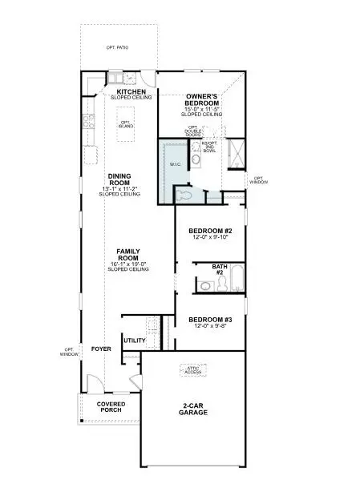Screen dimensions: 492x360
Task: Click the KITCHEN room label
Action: tap(131, 92)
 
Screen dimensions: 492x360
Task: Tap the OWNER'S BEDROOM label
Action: tap(203, 100)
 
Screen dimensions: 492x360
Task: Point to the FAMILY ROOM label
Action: tap(124, 255)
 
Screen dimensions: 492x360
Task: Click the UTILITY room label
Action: tap(134, 341)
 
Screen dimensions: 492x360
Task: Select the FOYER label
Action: tap(100, 349)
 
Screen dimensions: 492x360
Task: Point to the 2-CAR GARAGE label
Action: tap(193, 408)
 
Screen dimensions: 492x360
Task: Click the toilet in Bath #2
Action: tap(205, 284)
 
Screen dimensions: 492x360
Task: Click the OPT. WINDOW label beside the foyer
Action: tap(70, 351)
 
